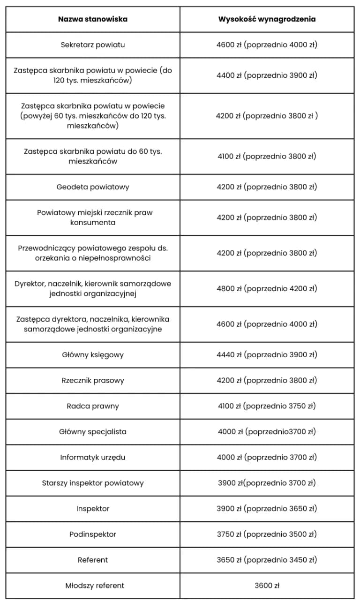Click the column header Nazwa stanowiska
(x=93, y=19)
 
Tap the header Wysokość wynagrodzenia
(x=267, y=19)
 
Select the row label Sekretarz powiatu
(x=93, y=45)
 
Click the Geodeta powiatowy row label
(x=93, y=187)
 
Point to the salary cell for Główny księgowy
(x=267, y=355)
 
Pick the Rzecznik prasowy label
(x=93, y=381)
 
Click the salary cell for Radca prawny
(x=267, y=406)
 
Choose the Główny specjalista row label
(x=93, y=432)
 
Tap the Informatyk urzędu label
(x=93, y=458)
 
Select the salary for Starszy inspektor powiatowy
(x=267, y=483)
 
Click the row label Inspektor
(x=93, y=509)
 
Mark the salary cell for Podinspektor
(x=267, y=534)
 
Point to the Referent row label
(x=93, y=560)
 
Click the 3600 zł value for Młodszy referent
(x=267, y=586)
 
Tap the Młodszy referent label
(x=93, y=586)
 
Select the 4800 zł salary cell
(x=267, y=289)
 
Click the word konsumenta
(x=93, y=223)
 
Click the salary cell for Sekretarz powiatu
(x=267, y=45)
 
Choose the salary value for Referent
(x=267, y=560)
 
